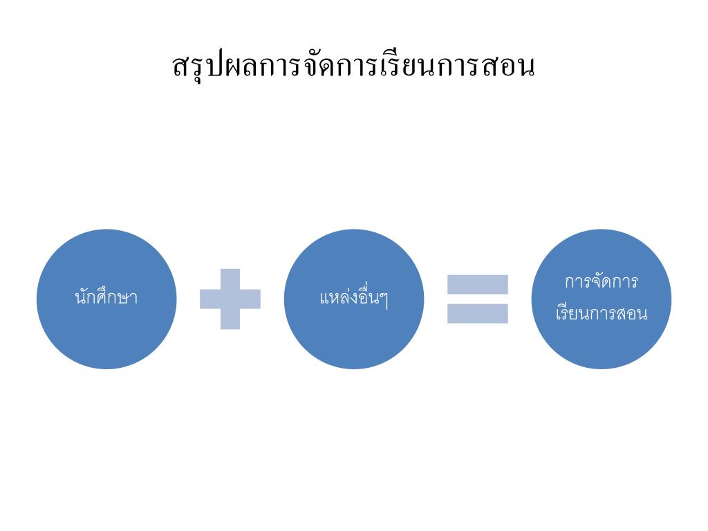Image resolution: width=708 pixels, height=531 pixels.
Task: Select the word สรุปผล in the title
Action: [205, 66]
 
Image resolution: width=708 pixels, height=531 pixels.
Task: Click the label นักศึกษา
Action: [106, 299]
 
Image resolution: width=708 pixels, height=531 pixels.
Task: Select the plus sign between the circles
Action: [230, 299]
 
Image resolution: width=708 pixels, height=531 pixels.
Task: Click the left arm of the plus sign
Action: [209, 299]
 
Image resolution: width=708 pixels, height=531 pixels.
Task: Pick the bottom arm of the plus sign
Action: [230, 320]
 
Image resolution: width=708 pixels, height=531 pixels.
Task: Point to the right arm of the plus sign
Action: [251, 299]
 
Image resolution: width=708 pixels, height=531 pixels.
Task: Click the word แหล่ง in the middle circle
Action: [336, 299]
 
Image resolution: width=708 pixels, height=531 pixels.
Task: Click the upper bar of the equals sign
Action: [477, 284]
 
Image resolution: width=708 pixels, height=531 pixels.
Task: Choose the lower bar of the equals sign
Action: [477, 313]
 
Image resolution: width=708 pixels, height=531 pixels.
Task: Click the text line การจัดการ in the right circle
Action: [601, 283]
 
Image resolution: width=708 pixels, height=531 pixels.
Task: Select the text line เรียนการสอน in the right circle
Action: [601, 314]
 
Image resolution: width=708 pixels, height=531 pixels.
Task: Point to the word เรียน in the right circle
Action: [572, 314]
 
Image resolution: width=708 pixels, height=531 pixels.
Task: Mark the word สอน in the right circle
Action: [633, 315]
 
